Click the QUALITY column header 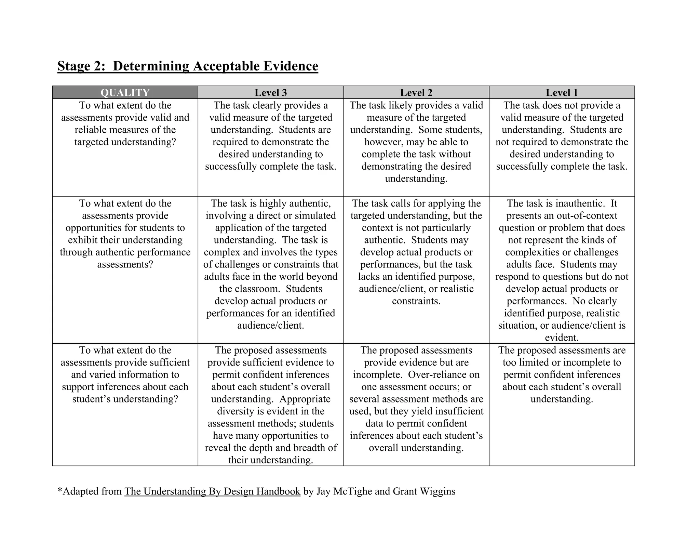point(125,93)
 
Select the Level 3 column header point(270,93)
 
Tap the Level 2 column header point(416,93)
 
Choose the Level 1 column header point(562,93)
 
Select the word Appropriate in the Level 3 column point(305,399)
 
